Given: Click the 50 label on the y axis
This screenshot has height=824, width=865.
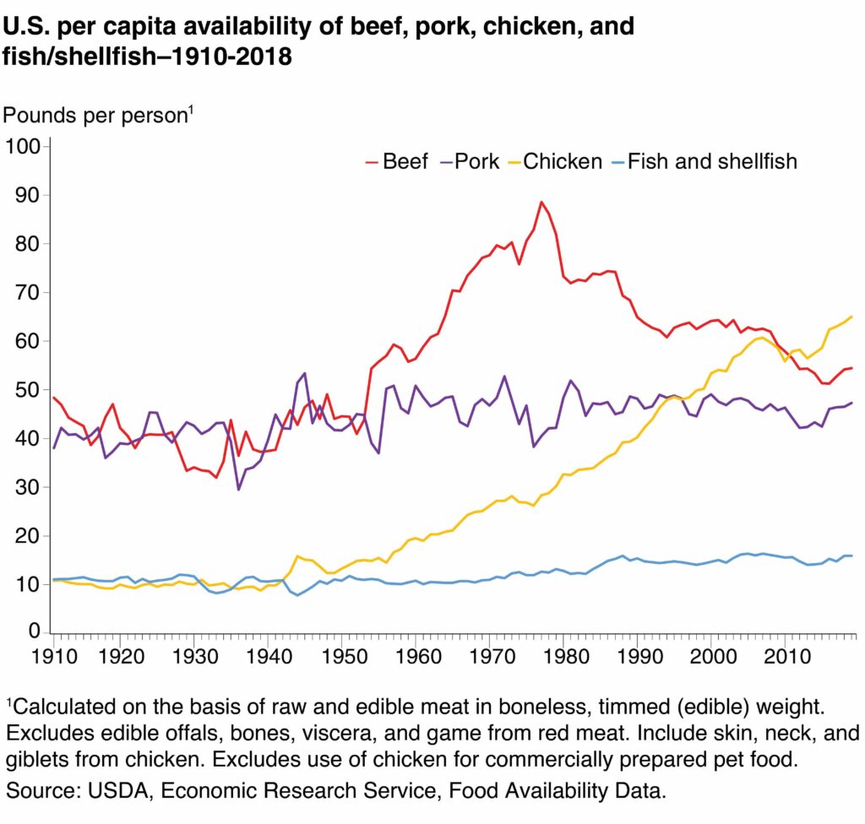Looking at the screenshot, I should (29, 390).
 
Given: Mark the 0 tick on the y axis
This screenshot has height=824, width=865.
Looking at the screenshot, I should (35, 632).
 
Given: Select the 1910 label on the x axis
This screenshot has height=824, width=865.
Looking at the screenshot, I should (54, 655).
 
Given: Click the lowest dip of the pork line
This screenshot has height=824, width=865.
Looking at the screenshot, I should (239, 489).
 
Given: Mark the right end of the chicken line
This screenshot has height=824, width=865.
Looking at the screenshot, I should (851, 317).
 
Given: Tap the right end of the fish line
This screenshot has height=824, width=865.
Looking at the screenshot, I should (851, 556).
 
